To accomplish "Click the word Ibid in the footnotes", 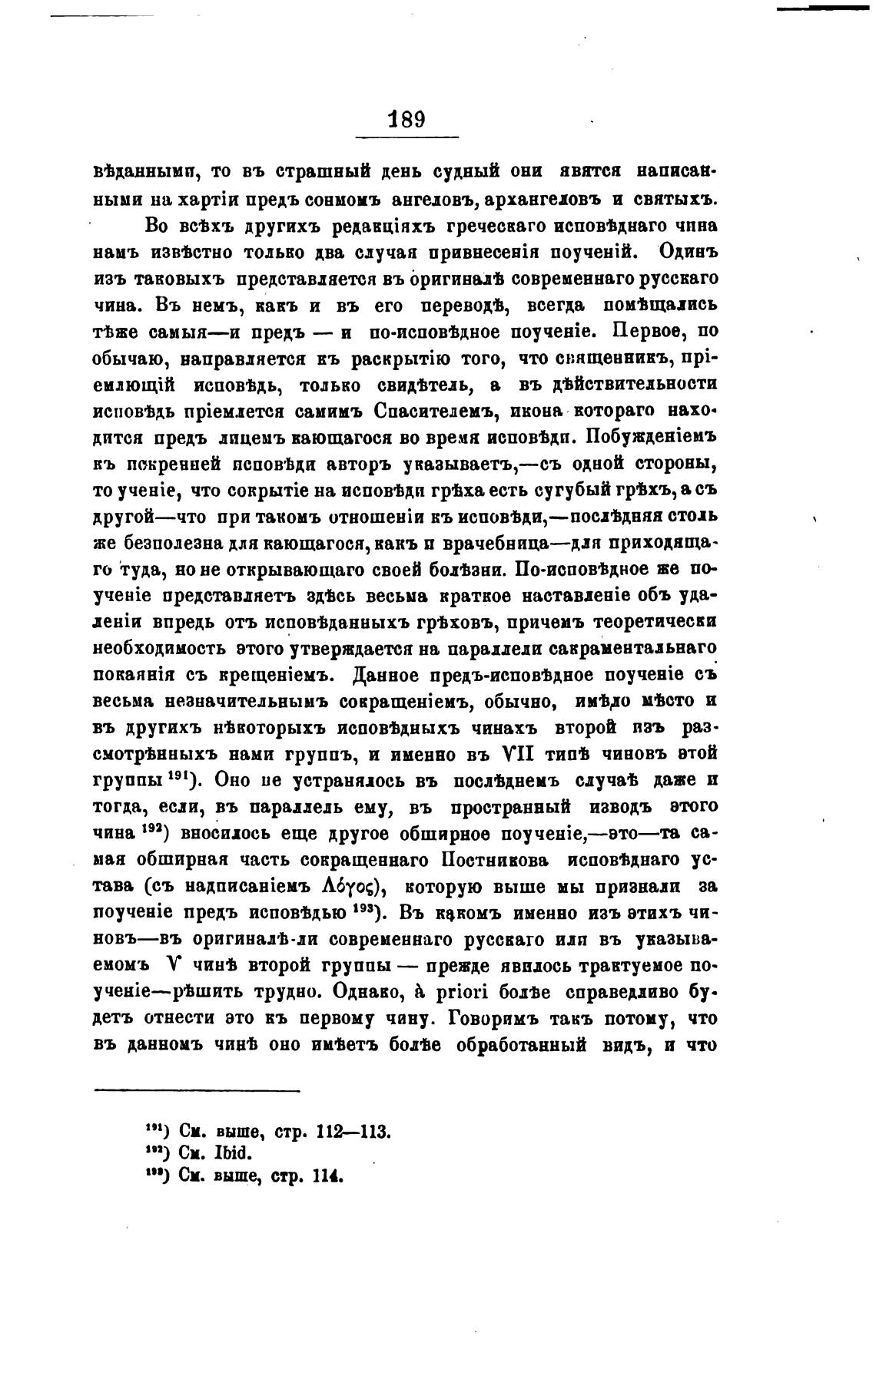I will click(235, 1154).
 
